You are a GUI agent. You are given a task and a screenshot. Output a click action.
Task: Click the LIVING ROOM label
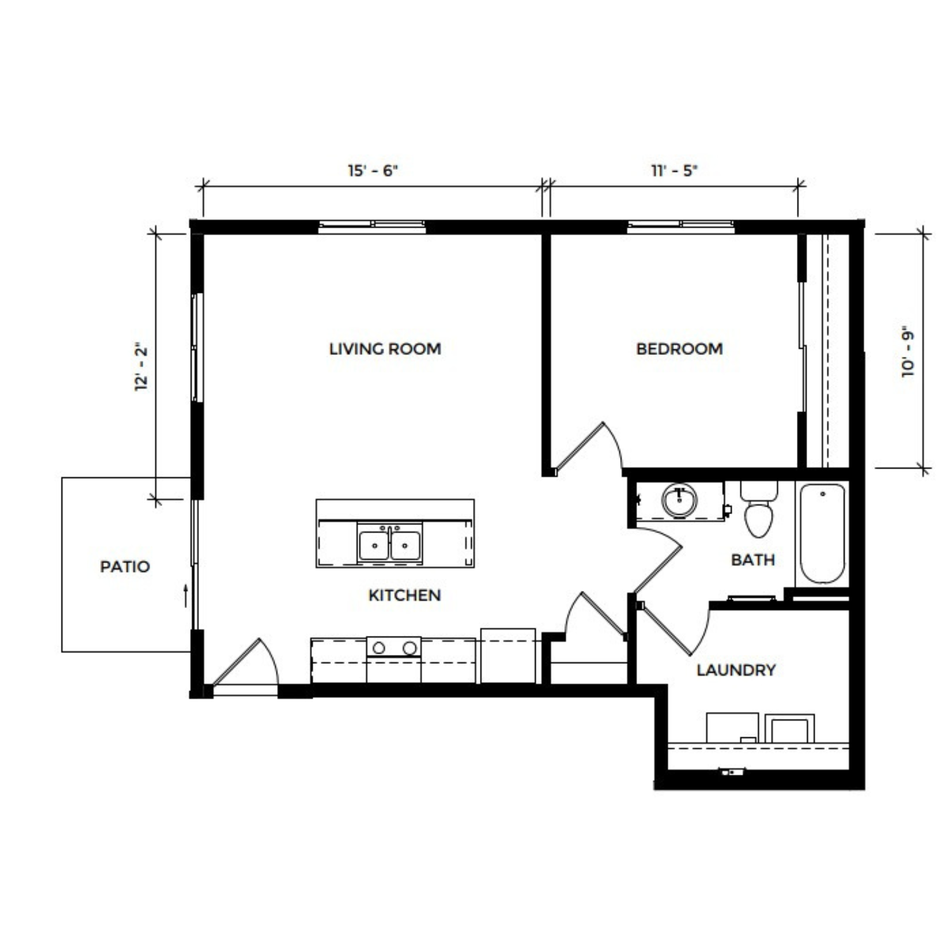[385, 349]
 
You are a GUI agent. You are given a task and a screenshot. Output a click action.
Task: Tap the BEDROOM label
[679, 349]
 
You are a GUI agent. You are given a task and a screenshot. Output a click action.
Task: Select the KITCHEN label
[404, 595]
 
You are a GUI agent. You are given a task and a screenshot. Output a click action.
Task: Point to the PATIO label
[125, 566]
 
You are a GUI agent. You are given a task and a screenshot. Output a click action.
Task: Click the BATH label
[753, 560]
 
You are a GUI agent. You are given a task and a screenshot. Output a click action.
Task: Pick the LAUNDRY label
[736, 670]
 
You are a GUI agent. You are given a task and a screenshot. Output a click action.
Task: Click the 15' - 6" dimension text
[373, 171]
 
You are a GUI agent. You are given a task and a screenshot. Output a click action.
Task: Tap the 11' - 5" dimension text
[674, 171]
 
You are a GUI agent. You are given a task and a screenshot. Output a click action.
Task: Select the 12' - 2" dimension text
[141, 368]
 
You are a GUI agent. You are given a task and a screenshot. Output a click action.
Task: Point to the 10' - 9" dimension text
[909, 354]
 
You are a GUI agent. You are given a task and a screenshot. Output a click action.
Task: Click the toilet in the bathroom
[759, 509]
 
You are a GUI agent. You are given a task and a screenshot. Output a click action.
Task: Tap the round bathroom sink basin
[680, 501]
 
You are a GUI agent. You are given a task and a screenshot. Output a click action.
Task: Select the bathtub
[822, 533]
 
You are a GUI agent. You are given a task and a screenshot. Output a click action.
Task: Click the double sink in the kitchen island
[389, 543]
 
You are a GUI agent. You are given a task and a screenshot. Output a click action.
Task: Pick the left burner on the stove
[378, 648]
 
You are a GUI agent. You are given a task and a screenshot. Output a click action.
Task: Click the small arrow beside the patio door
[186, 596]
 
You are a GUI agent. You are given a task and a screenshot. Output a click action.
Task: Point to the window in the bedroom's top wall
[681, 226]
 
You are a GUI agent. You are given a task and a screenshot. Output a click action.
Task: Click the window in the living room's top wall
[372, 226]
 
